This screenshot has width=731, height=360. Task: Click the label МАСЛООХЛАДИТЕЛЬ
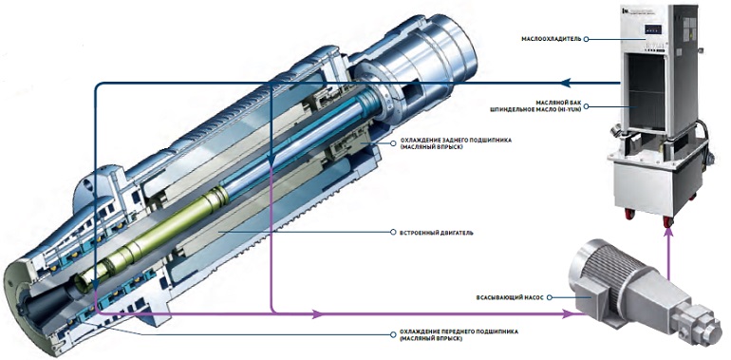[552, 39]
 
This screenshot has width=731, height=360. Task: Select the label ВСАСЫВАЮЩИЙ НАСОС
[510, 297]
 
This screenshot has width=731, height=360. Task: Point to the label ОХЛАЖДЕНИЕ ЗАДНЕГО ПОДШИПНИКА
[456, 140]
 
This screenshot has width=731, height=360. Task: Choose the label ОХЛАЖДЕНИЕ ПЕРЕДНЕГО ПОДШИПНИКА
[459, 332]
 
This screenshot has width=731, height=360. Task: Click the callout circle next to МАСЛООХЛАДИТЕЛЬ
[586, 39]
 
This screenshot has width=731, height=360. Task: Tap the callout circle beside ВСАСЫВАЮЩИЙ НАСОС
[549, 297]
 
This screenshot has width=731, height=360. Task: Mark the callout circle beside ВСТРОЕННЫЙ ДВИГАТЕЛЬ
[394, 232]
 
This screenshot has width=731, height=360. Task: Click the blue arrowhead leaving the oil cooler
[565, 83]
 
